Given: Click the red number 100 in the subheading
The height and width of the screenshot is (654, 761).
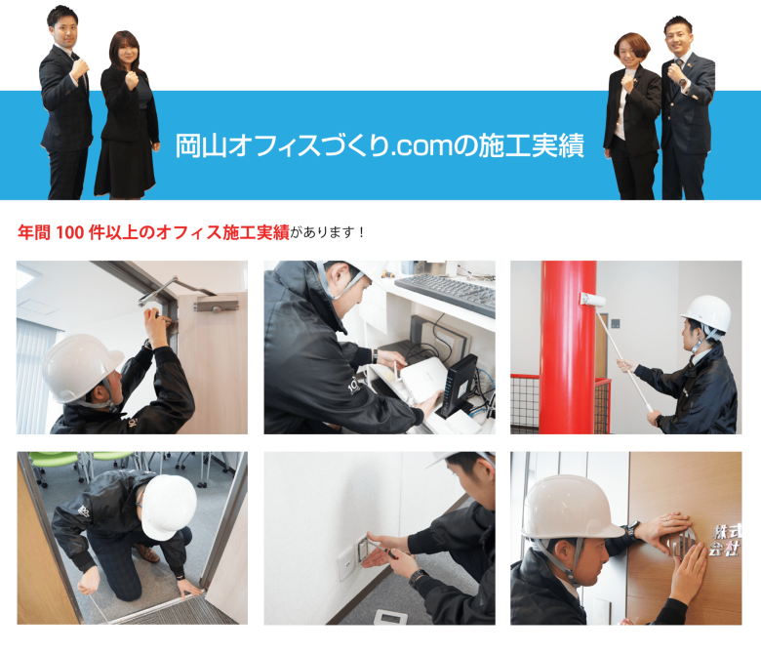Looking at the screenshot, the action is click(70, 232).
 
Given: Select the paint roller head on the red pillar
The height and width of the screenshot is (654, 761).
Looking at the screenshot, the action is click(592, 300).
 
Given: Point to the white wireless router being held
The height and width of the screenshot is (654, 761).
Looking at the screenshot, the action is click(421, 381).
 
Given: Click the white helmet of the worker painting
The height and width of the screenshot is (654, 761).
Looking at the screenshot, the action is click(707, 312).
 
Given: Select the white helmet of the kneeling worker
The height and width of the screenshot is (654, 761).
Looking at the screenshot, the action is click(168, 507).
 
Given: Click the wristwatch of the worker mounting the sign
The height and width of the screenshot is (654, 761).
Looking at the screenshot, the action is click(633, 528).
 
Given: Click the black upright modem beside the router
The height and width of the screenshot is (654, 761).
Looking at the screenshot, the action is click(456, 387).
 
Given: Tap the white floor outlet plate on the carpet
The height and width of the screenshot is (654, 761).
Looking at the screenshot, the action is click(390, 617).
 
